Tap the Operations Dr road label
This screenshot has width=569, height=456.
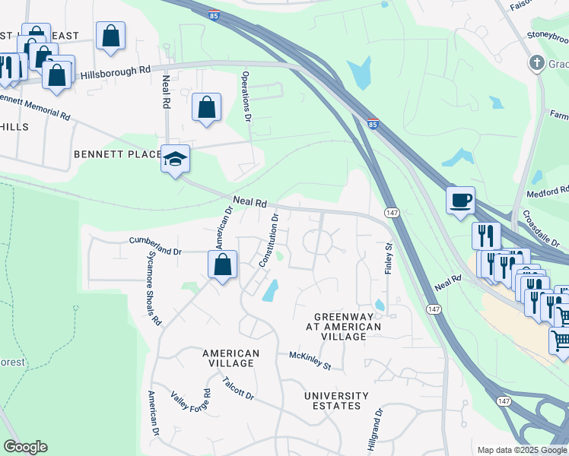[x=246, y=97]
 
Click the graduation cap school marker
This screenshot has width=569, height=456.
[x=175, y=160]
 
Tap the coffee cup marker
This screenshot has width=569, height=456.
[x=460, y=201]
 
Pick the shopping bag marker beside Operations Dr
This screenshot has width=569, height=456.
[x=206, y=108]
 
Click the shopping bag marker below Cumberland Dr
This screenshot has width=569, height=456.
[x=223, y=266]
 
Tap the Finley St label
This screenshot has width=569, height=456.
[x=388, y=258]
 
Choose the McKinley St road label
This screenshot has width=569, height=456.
[x=310, y=361]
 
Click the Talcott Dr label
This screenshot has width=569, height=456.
[x=238, y=387]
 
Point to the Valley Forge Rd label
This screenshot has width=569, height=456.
[x=190, y=407]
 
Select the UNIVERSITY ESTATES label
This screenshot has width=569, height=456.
[x=336, y=401]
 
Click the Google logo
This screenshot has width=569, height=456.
[x=25, y=447]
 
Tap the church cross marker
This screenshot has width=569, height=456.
[x=536, y=62]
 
